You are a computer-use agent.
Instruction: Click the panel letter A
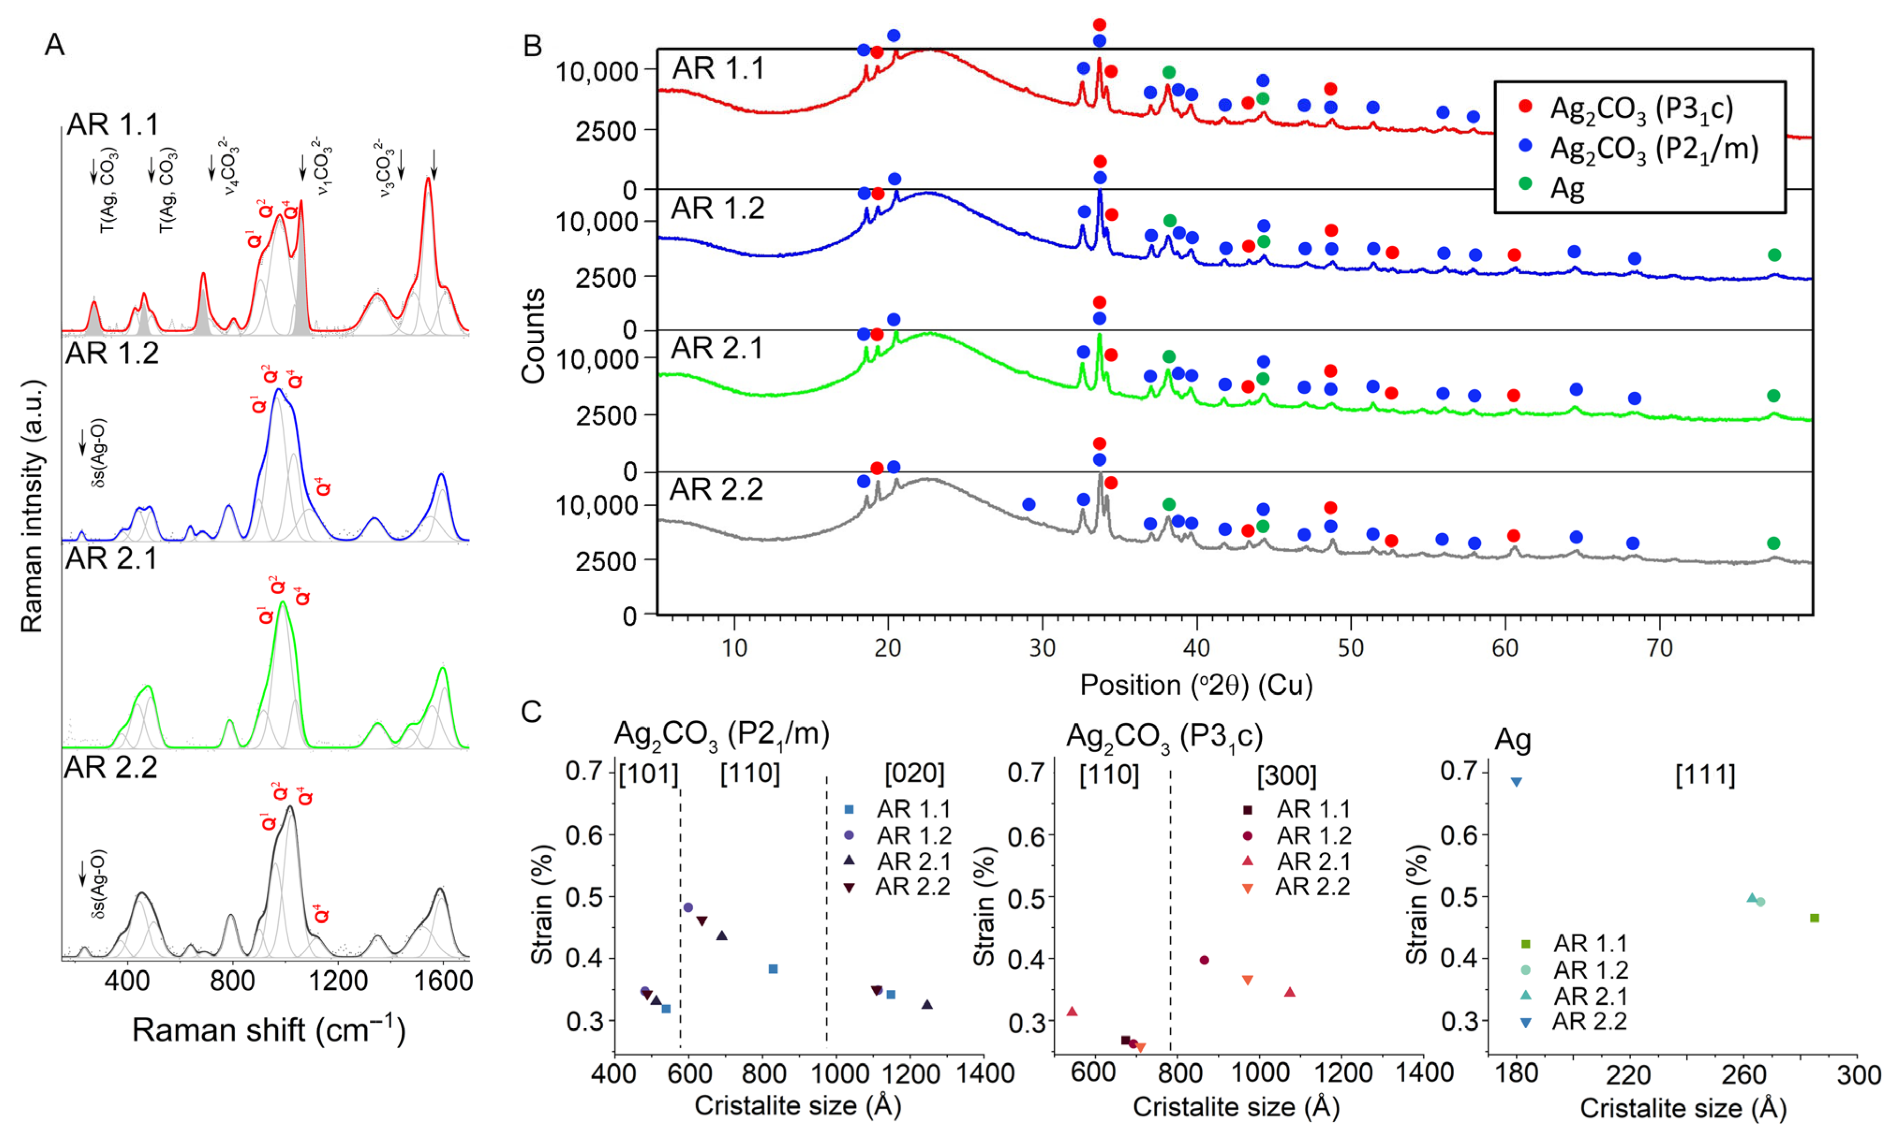[x=54, y=45]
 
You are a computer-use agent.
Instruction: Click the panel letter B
[x=532, y=46]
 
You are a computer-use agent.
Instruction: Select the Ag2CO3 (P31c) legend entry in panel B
[x=1641, y=109]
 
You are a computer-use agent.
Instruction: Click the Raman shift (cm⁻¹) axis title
[x=269, y=1030]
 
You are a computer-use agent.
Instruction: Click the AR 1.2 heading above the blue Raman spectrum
[x=112, y=353]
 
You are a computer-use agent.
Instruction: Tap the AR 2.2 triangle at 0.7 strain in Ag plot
[x=1516, y=782]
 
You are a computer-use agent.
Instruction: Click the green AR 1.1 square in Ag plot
[x=1815, y=918]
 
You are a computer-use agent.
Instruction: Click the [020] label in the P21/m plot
[x=914, y=774]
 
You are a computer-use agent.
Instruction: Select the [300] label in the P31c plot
[x=1287, y=777]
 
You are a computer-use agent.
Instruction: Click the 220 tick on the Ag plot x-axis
[x=1629, y=1075]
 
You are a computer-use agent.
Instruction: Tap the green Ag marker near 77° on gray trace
[x=1774, y=543]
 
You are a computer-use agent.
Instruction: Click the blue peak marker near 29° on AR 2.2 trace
[x=1028, y=504]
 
